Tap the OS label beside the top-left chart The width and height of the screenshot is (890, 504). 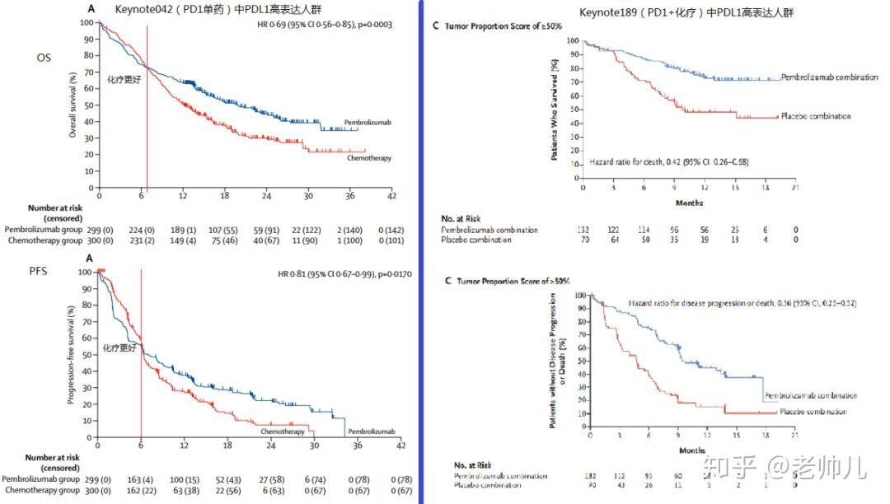44,58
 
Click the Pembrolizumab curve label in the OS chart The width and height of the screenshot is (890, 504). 368,122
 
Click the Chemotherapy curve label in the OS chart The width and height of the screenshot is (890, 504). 367,157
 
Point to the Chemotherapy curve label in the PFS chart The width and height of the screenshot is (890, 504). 283,431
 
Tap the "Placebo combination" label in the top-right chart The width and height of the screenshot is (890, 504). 815,116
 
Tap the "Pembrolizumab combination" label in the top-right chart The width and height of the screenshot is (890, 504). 828,77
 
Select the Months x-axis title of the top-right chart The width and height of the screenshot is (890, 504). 689,202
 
